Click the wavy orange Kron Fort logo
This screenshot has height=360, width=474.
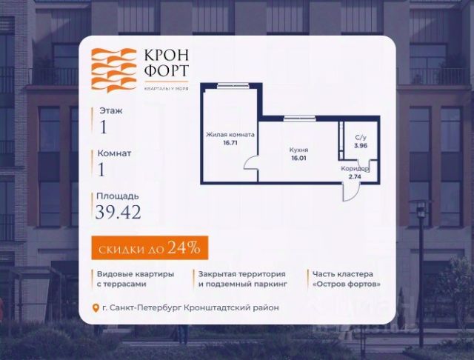tap(112, 70)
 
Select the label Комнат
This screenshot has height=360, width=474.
tap(114, 153)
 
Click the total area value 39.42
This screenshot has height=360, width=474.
tap(118, 213)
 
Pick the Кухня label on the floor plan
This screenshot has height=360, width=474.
tap(298, 150)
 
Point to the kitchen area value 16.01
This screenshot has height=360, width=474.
tap(298, 158)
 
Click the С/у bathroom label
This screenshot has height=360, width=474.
tap(361, 137)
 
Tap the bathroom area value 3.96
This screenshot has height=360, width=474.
tap(361, 146)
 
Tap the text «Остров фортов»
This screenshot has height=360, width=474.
tap(348, 284)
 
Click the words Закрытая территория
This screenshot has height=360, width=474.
tap(236, 273)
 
